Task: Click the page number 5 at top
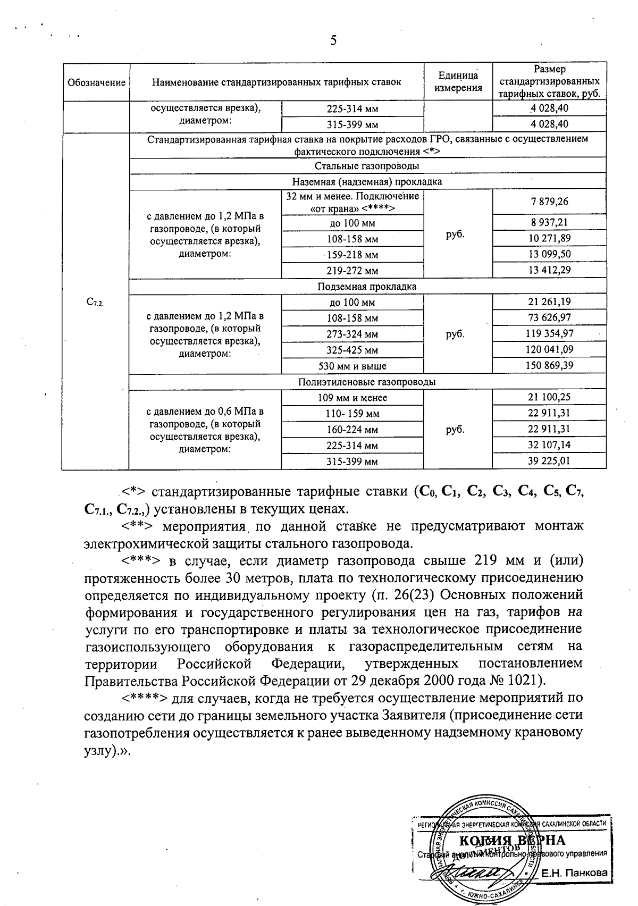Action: (x=333, y=41)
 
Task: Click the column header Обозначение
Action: (x=96, y=82)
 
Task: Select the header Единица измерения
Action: (x=458, y=82)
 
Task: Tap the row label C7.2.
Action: (x=95, y=302)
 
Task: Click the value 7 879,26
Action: (x=549, y=202)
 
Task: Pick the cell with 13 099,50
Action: (x=549, y=254)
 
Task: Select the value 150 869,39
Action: (x=549, y=366)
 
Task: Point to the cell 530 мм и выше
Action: (x=352, y=366)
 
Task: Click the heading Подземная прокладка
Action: (x=367, y=287)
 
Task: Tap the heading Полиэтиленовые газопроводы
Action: (x=367, y=382)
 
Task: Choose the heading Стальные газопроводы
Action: (x=367, y=166)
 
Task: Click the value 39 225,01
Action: (x=549, y=461)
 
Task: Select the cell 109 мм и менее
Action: (x=352, y=398)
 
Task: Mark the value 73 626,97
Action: (x=549, y=318)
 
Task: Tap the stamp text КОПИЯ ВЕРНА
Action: (x=511, y=840)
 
